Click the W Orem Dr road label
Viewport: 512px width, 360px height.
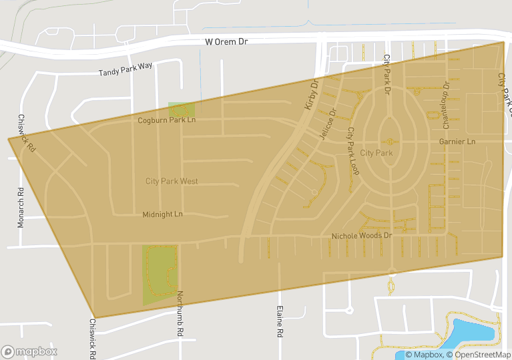226,41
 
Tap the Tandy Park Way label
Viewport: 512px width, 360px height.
125,69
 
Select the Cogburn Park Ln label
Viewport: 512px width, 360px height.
166,120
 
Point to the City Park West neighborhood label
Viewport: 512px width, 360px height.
172,181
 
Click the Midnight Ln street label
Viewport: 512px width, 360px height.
162,214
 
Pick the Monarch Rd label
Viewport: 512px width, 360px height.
21,207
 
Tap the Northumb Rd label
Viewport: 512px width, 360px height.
180,313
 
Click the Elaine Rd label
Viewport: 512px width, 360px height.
280,322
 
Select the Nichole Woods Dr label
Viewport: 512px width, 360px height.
361,236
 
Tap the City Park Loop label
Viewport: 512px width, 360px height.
352,151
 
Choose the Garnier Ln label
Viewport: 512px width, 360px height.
457,142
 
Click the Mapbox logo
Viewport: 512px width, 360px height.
29,351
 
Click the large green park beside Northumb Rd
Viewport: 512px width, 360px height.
158,274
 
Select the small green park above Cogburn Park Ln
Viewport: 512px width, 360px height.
181,109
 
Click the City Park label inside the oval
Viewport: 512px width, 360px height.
376,153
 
